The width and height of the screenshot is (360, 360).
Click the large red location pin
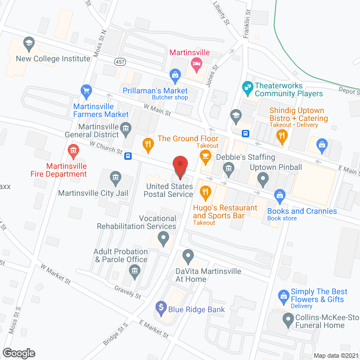click(180, 165)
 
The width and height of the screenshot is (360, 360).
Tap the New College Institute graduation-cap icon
click(28, 43)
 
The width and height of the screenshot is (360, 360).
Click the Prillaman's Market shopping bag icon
click(175, 74)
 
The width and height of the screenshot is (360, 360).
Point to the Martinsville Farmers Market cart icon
click(86, 90)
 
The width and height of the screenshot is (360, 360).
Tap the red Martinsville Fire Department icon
click(73, 150)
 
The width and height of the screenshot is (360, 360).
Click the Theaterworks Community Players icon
click(246, 87)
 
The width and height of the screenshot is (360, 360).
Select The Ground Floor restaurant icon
click(148, 145)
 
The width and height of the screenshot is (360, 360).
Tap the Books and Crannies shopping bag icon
click(280, 196)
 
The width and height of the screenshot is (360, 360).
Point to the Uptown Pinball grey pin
click(263, 180)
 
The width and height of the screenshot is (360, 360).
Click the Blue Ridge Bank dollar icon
click(161, 307)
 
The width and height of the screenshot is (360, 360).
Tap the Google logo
click(18, 353)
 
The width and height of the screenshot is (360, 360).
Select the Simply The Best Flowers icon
click(283, 295)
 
